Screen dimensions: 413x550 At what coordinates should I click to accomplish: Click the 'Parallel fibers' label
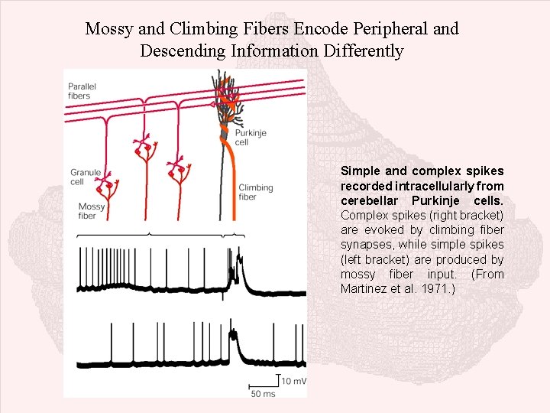click(x=82, y=91)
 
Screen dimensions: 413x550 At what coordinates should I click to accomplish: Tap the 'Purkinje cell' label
click(x=247, y=137)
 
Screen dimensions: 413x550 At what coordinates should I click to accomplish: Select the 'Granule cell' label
click(x=85, y=177)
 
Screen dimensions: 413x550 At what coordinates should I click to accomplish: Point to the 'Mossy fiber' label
click(x=92, y=211)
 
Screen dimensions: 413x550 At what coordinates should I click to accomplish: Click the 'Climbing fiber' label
click(x=256, y=192)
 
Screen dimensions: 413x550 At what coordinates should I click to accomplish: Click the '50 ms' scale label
click(x=263, y=394)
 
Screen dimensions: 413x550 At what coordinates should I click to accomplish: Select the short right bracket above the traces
click(x=238, y=233)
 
